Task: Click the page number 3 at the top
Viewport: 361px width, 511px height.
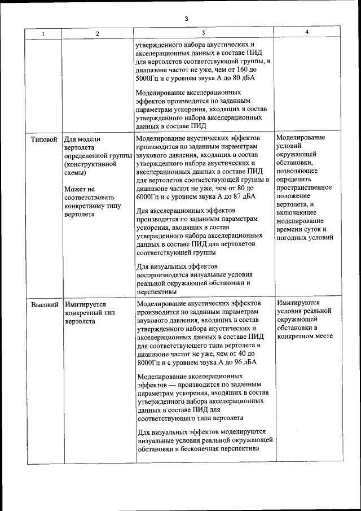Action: [186, 19]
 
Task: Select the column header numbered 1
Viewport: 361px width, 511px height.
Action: [43, 33]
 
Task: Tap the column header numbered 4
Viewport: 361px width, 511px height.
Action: [307, 32]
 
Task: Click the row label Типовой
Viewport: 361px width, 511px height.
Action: [44, 138]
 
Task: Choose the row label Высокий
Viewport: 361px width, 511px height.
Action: [45, 304]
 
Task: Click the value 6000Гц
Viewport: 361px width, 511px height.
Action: [150, 197]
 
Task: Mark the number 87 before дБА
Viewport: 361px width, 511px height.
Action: [233, 197]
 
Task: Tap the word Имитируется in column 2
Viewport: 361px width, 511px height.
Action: [85, 304]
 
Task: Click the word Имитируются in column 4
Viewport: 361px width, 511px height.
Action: [298, 303]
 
